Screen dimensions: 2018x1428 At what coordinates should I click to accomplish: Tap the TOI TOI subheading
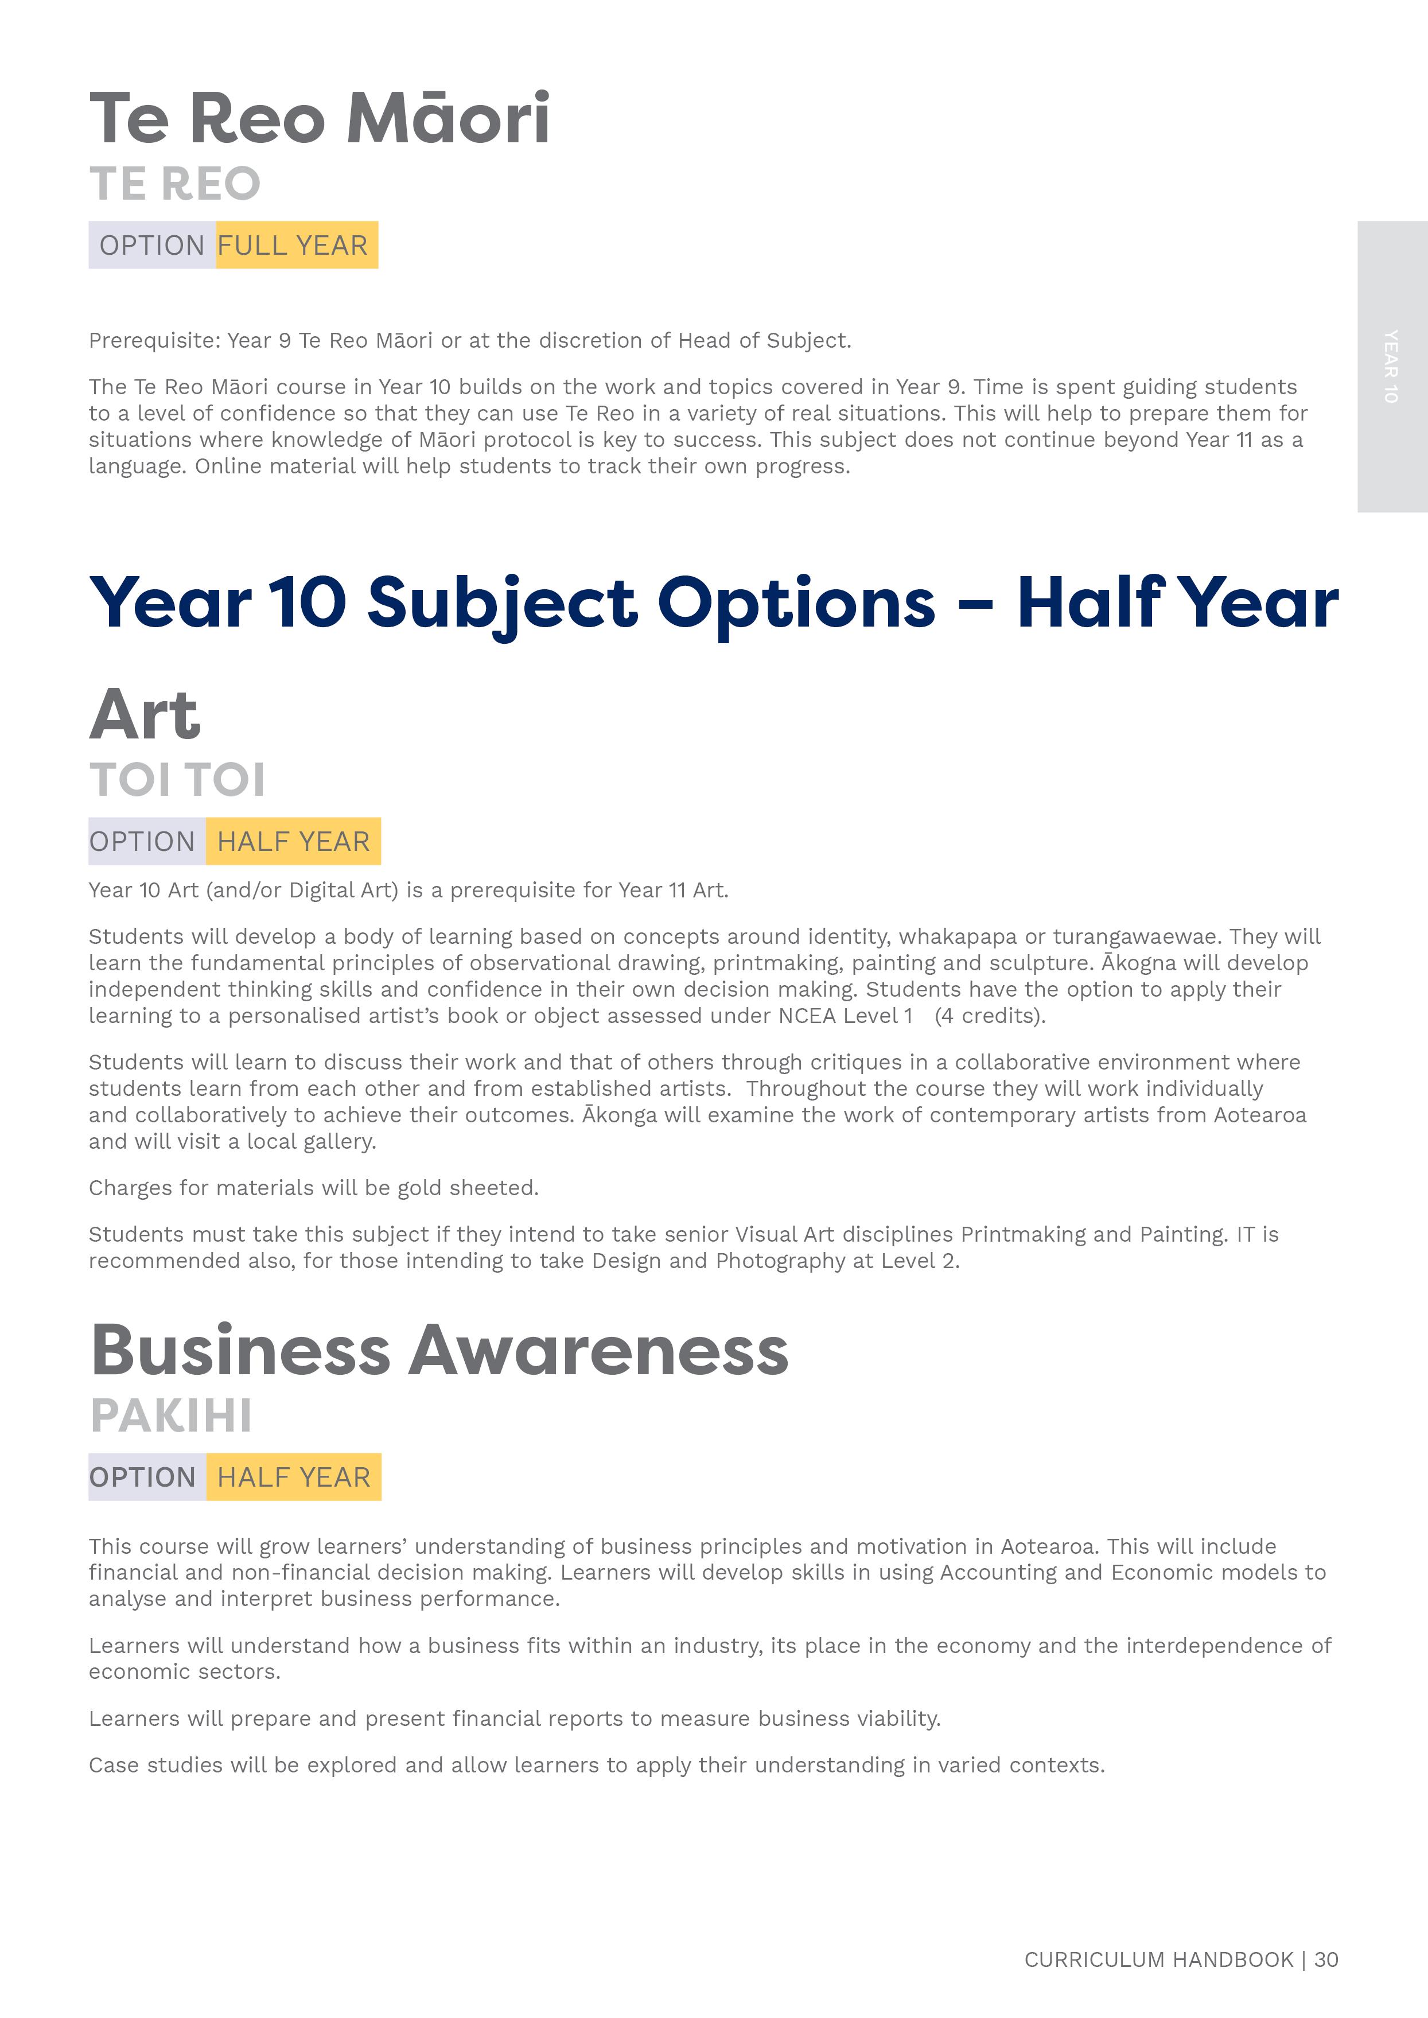pos(177,780)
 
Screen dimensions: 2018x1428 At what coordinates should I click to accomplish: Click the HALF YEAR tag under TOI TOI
pos(293,842)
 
